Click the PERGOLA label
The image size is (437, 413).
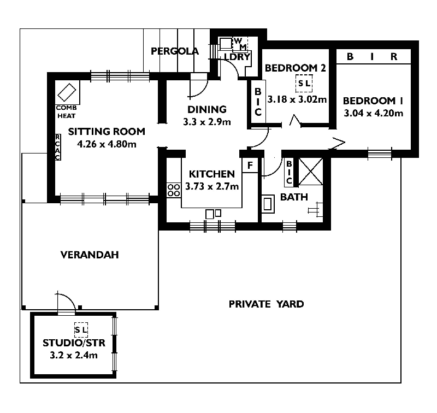175,51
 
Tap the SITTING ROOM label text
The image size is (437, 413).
107,131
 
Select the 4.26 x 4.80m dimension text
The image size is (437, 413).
107,144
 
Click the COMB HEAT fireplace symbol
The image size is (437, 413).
68,91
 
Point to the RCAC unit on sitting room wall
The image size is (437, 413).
57,147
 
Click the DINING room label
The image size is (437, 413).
206,109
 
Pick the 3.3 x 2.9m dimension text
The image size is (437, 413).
206,121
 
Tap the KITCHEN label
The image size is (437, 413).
211,174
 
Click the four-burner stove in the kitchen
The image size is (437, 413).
174,190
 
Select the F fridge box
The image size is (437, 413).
250,165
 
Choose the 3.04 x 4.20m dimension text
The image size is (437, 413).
373,114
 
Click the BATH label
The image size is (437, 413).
294,197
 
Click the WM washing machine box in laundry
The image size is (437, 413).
240,44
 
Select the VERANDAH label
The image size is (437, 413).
90,255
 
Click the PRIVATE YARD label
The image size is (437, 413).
266,304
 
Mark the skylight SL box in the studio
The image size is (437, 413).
81,329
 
